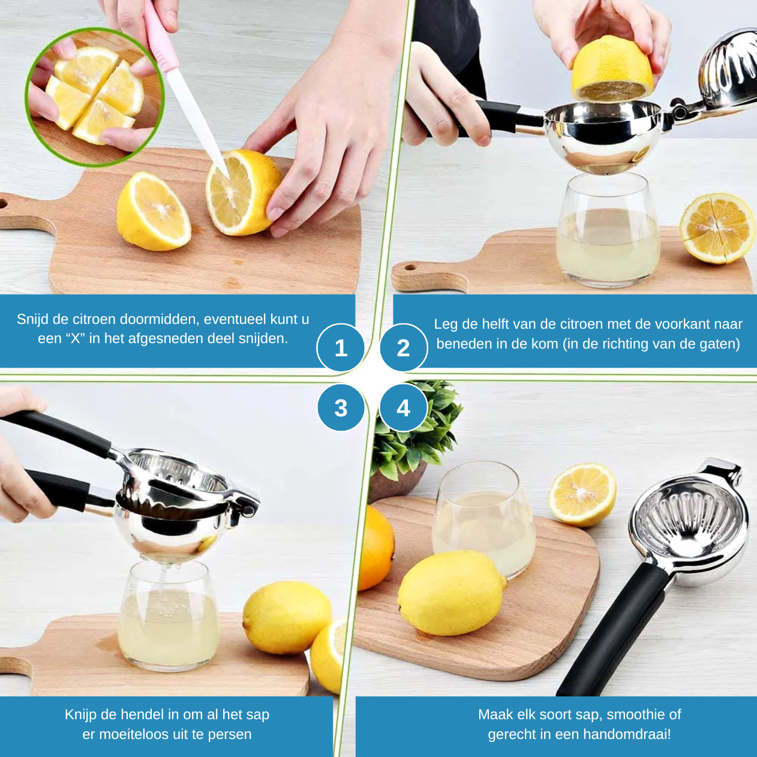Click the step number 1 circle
coord(341,348)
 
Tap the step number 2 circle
coord(403,348)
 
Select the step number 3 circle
coord(341,408)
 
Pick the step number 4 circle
coord(403,408)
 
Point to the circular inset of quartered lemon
coord(94,97)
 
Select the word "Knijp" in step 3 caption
coord(80,714)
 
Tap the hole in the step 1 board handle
coord(2,204)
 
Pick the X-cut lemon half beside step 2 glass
coord(716,229)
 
